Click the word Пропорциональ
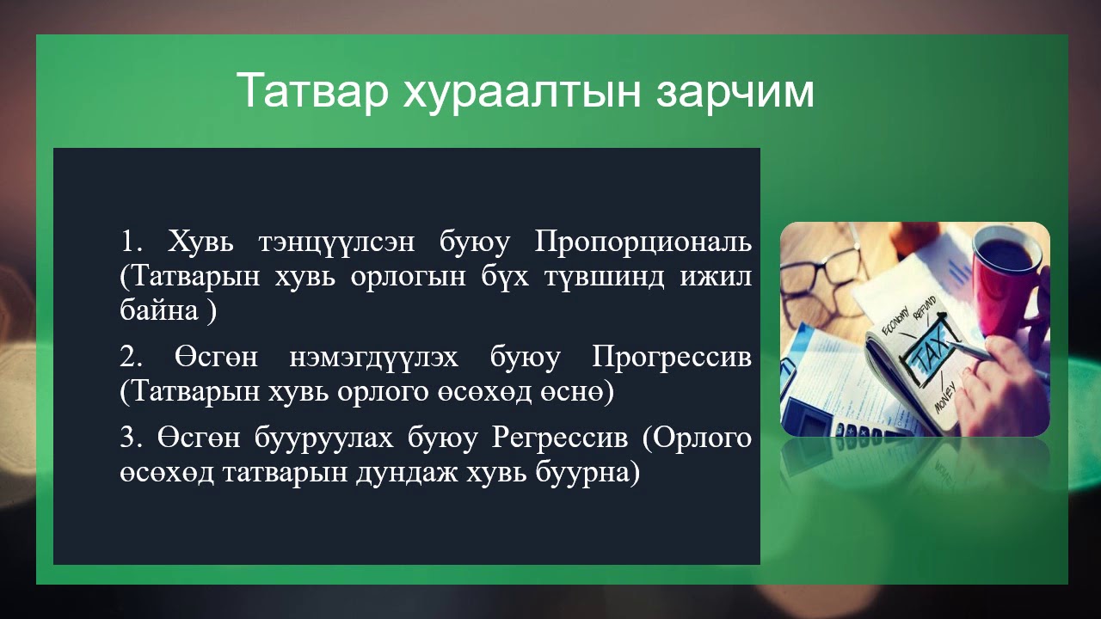(643, 242)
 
